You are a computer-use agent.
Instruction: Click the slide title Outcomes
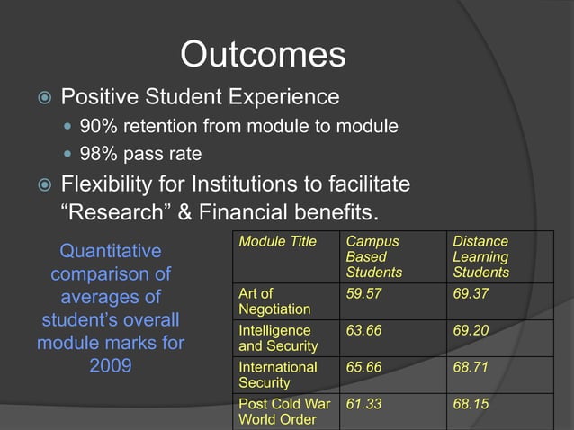point(263,55)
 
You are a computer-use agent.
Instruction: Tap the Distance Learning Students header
point(480,256)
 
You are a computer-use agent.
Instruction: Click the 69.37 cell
point(471,293)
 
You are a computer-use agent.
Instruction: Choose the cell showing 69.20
point(471,330)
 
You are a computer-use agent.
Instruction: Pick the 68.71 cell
point(471,367)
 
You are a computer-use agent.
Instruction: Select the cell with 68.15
point(471,404)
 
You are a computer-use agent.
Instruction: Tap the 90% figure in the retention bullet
point(97,127)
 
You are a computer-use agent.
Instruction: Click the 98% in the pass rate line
point(97,156)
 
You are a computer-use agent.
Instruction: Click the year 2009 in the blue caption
point(111,366)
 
